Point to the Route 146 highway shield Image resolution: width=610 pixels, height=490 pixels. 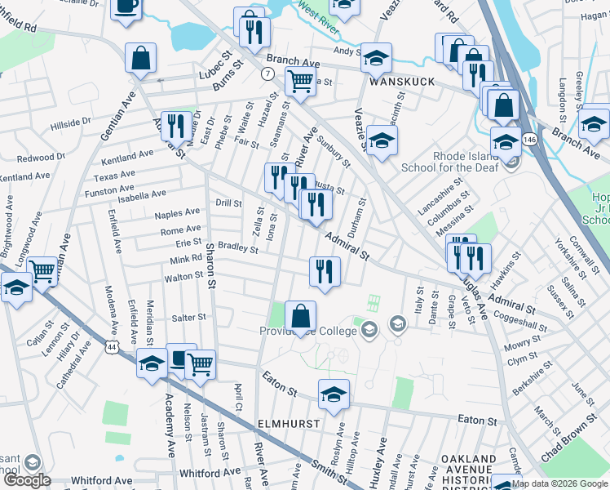point(529,140)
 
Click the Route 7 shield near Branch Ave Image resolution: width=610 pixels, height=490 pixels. point(267,73)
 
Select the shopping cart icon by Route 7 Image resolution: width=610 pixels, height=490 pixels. point(300,82)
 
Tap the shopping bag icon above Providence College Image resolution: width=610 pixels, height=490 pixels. point(300,315)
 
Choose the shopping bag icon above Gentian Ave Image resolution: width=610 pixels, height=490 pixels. point(140,58)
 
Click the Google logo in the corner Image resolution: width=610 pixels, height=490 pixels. point(28,481)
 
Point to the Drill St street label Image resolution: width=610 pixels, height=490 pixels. point(228,203)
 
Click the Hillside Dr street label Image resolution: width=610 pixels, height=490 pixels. point(70,123)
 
